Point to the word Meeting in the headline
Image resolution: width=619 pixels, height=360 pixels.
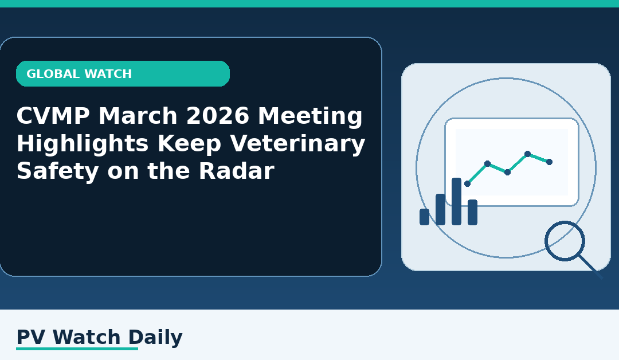(310, 118)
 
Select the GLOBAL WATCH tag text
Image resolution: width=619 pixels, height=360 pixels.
(79, 74)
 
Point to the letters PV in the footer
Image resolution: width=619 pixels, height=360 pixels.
(29, 338)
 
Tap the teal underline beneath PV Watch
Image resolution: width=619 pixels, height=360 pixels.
(77, 349)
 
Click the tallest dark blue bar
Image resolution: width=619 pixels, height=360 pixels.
(456, 201)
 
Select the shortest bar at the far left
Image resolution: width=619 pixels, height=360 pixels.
(424, 217)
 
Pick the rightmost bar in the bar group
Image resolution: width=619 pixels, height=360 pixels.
(472, 212)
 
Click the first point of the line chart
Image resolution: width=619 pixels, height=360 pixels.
(467, 183)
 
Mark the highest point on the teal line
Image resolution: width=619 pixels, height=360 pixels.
(527, 154)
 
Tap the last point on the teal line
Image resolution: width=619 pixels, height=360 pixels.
(549, 162)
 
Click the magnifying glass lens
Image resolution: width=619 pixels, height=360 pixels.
(565, 241)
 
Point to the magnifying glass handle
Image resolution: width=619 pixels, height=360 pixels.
(590, 267)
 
